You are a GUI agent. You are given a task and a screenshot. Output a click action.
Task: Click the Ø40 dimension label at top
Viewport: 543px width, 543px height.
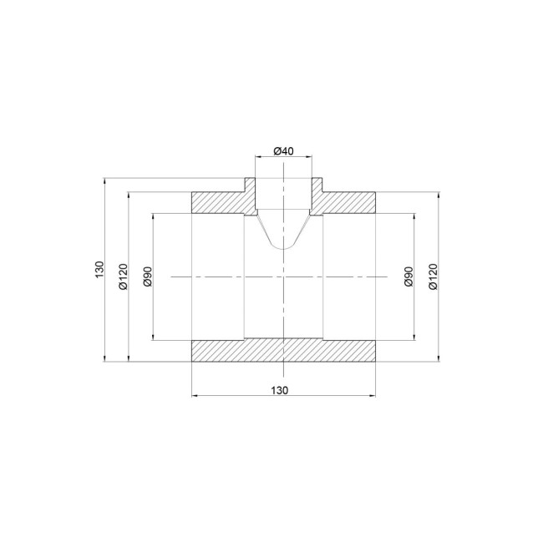pos(283,151)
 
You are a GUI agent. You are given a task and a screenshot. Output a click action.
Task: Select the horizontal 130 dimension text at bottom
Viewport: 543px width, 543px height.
pos(279,390)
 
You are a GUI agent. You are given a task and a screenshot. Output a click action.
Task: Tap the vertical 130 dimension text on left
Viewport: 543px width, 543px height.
pos(99,270)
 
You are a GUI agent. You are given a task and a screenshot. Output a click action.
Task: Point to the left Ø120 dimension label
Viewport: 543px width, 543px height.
pos(123,276)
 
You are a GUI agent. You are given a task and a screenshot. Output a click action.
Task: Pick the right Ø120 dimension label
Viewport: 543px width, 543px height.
pos(433,276)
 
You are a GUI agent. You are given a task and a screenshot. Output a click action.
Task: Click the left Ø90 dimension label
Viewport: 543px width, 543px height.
pos(148,277)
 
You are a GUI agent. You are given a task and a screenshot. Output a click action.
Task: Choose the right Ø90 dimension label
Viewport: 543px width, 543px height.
pos(409,277)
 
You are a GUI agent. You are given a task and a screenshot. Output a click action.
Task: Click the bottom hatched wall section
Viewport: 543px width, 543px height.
pos(283,351)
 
